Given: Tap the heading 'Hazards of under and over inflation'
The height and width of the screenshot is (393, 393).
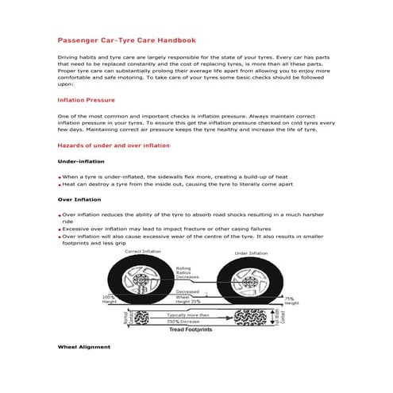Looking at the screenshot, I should pos(114,146).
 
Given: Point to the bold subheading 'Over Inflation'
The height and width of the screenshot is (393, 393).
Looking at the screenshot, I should pos(79,199).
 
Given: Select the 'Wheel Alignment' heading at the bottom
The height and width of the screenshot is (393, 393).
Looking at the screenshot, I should pos(84,347).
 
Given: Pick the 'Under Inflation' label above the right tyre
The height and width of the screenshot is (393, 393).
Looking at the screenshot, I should pos(251,253).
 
